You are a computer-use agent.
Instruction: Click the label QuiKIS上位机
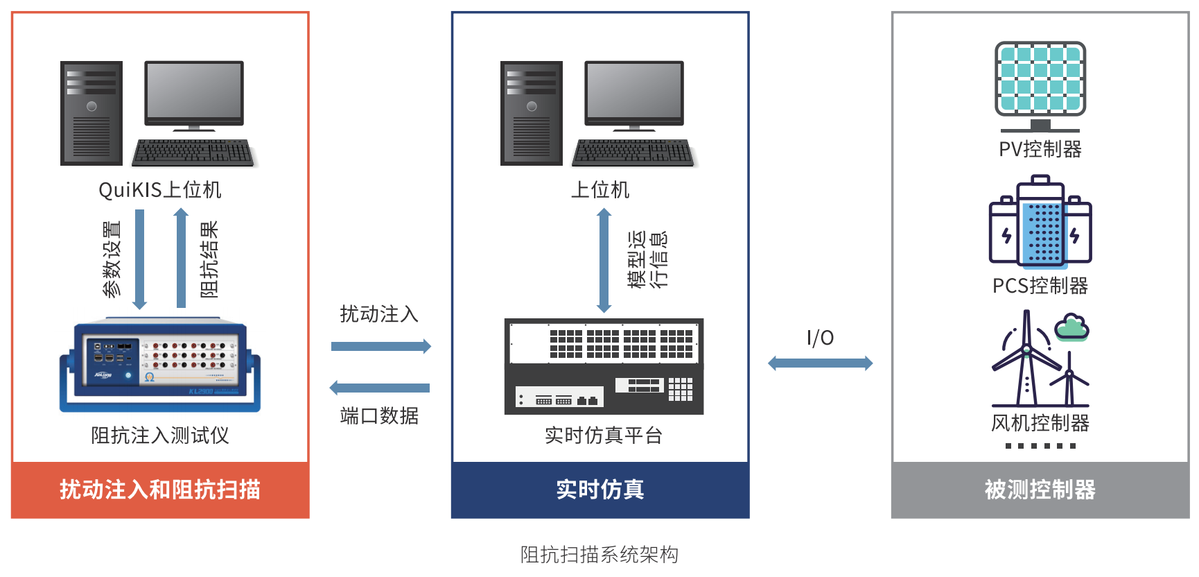[160, 189]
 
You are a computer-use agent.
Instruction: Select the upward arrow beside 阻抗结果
[181, 257]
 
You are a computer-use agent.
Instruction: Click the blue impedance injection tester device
[160, 365]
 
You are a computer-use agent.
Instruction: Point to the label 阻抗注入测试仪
[160, 435]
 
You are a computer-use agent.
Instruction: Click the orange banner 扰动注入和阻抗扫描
[160, 490]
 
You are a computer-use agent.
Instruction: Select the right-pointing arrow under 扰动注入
[380, 346]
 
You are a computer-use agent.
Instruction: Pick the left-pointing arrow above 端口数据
[380, 388]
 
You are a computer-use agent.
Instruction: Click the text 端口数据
[380, 416]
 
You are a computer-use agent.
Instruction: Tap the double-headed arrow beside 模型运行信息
[604, 261]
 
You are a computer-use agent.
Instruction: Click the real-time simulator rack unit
[604, 366]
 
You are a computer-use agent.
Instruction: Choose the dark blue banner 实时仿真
[600, 490]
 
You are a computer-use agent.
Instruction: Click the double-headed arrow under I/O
[820, 363]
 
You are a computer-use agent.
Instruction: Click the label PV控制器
[1040, 149]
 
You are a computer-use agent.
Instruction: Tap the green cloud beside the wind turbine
[1072, 328]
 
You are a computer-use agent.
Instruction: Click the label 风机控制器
[1040, 422]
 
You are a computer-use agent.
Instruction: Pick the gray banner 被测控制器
[1040, 490]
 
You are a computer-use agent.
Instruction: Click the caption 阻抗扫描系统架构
[599, 555]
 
